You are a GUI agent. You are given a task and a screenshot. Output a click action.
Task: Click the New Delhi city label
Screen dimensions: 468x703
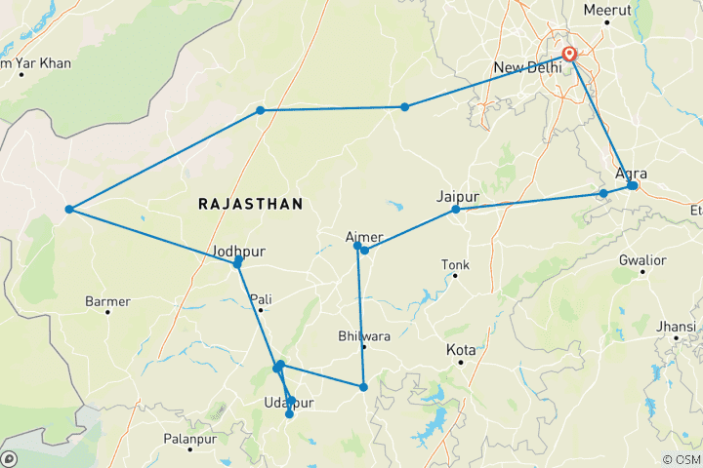(x=527, y=67)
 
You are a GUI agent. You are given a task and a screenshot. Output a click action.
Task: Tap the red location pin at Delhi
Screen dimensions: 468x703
(x=568, y=55)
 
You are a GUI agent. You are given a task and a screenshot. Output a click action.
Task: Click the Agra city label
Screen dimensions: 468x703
(x=632, y=174)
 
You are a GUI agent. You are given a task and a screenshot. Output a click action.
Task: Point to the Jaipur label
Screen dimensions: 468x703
(x=459, y=195)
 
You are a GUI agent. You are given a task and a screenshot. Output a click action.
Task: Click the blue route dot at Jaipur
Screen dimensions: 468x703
(x=456, y=210)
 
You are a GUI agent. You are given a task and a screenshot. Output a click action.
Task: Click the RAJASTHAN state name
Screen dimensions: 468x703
(x=250, y=204)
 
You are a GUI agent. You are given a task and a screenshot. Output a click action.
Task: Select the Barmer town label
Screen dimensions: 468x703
(x=107, y=301)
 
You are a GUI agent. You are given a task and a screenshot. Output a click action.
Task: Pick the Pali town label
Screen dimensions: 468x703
(x=262, y=298)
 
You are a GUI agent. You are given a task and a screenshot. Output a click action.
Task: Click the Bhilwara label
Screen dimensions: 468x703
(x=363, y=335)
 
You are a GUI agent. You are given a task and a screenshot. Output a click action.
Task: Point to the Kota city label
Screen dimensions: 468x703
(x=461, y=349)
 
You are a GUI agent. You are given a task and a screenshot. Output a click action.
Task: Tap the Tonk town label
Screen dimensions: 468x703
(x=455, y=264)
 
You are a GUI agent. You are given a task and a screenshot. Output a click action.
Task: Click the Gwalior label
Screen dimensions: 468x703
(x=642, y=260)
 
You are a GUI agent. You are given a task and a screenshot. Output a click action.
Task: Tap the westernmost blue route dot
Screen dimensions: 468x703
(x=69, y=210)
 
